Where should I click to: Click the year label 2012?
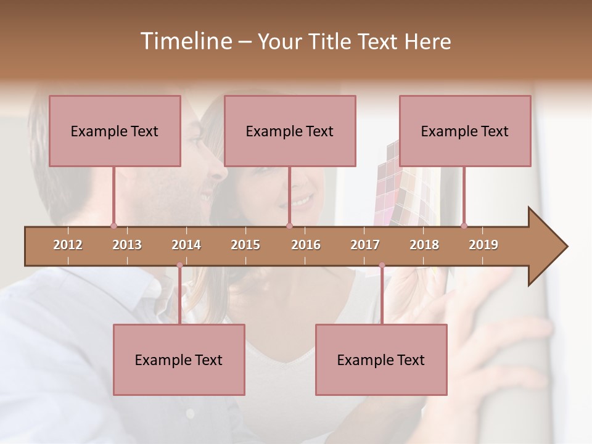[68, 245]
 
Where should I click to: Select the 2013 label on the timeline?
[127, 245]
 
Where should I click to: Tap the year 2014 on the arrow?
[186, 245]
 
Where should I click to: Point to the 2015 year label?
[245, 245]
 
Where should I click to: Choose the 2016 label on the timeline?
[306, 245]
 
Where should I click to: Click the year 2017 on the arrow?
[365, 245]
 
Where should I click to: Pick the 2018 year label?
[424, 245]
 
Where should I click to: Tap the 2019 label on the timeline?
[483, 245]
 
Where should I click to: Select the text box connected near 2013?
[115, 131]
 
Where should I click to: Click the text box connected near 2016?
[290, 131]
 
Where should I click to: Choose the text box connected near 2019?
[465, 131]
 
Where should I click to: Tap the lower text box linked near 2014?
[179, 360]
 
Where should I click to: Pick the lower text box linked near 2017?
[381, 360]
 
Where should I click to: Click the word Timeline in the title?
[185, 41]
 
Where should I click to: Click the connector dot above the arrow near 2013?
[113, 226]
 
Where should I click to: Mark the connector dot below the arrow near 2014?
[179, 265]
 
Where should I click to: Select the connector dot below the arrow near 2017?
[382, 265]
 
